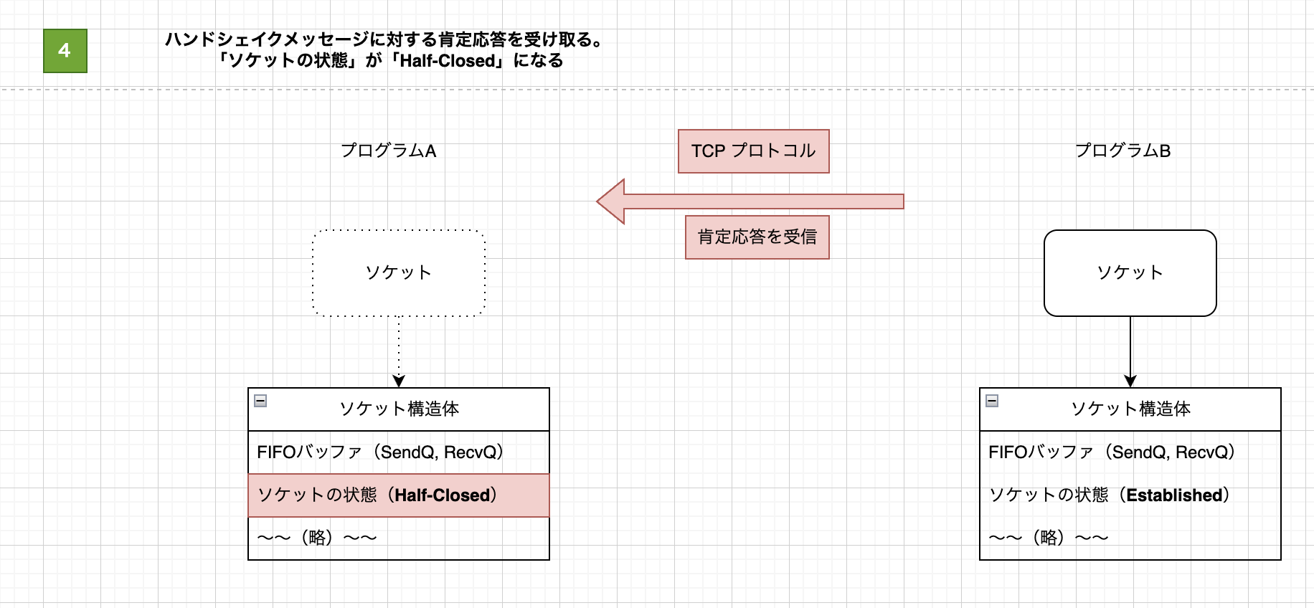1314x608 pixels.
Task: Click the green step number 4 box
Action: [65, 51]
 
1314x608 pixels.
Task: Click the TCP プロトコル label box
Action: [753, 151]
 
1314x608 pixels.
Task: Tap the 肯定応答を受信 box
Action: [757, 237]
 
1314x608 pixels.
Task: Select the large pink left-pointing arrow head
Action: [613, 201]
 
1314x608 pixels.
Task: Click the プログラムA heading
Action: [388, 151]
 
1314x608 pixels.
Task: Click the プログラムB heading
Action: [1122, 151]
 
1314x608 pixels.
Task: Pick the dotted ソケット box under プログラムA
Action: [399, 272]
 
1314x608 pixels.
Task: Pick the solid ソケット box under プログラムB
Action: [1130, 272]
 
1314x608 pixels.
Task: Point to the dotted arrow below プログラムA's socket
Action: [399, 351]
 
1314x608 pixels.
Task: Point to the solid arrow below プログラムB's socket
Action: [1130, 351]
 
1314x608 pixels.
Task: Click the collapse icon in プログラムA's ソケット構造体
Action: [261, 401]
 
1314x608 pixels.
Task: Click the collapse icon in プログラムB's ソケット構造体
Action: [992, 401]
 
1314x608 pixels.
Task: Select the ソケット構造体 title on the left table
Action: [399, 409]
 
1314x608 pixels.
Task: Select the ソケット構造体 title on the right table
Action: [1130, 409]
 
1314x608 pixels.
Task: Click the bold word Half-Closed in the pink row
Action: [442, 495]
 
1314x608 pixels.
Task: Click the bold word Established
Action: [1174, 495]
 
